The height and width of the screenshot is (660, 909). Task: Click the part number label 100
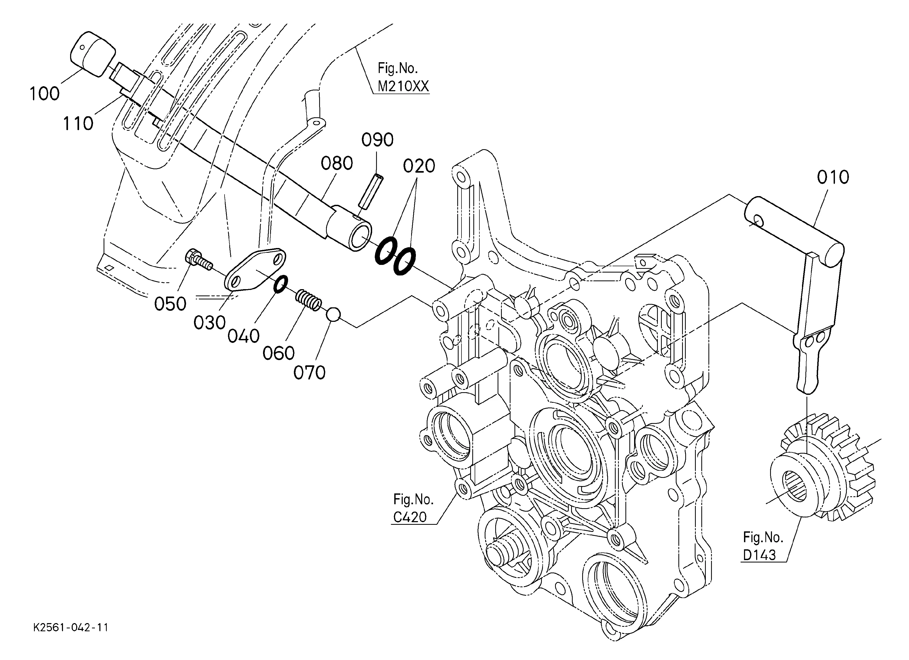tap(45, 94)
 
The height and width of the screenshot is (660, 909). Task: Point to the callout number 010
tap(833, 177)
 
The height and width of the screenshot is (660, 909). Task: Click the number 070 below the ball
tap(309, 373)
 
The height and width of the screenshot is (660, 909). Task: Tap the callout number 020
tap(419, 166)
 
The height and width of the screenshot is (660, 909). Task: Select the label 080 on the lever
tap(337, 163)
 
